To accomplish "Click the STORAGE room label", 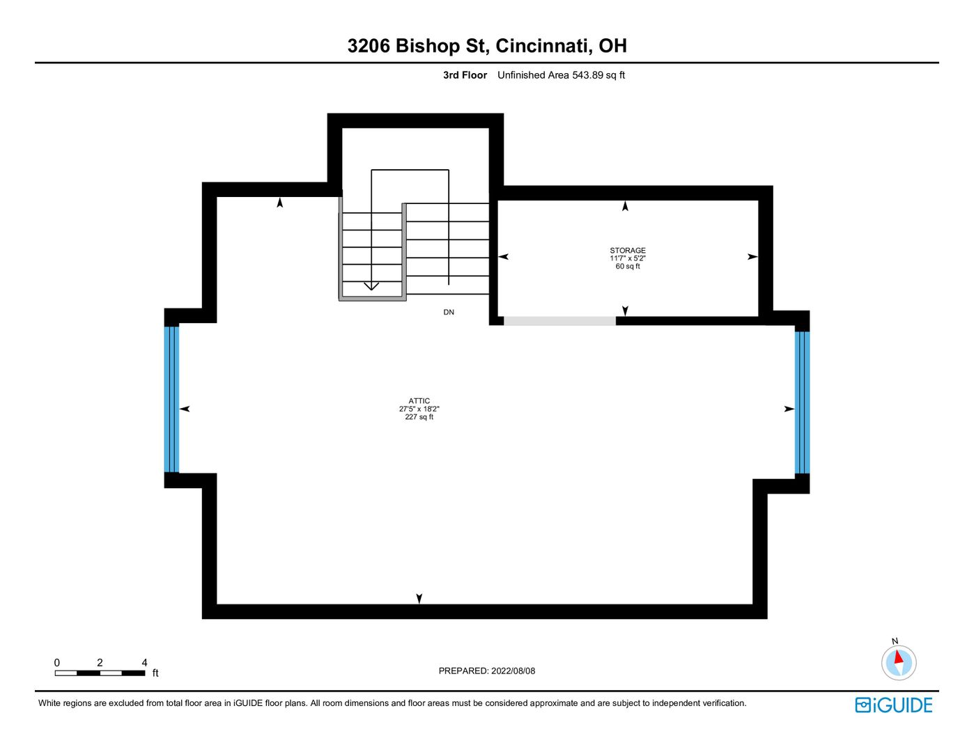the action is [627, 251].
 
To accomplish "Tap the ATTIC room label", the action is [419, 401].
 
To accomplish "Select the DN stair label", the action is [449, 312].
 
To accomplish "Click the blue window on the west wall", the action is [171, 400].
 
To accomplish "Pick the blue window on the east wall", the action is [803, 402].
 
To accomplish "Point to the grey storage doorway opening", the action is [560, 321].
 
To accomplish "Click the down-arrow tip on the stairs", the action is [371, 290].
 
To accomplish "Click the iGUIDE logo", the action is [894, 705].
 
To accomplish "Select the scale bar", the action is [100, 673].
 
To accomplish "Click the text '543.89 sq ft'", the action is [598, 75].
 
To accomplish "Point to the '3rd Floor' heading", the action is [465, 75].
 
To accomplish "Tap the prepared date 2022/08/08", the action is [513, 671].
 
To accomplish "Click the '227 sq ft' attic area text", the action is [419, 417].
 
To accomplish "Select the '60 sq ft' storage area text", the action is [628, 267].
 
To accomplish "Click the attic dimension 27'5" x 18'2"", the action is [419, 409].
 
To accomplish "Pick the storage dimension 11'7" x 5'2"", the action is [628, 258].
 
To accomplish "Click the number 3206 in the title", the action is [369, 46].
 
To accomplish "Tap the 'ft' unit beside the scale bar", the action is [155, 673].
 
